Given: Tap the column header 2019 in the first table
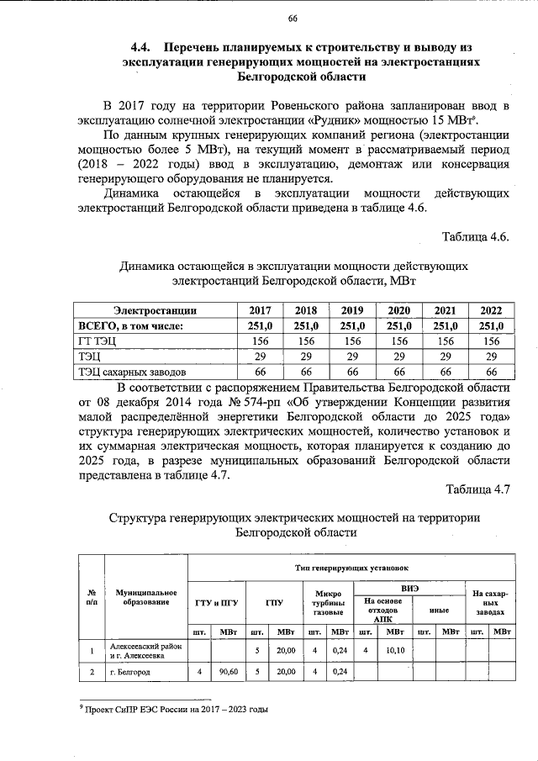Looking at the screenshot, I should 352,309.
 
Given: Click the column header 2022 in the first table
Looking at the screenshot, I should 490,309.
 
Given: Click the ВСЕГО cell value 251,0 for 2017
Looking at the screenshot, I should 261,325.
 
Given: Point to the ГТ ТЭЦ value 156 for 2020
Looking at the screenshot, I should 398,341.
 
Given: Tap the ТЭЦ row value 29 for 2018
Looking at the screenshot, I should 306,356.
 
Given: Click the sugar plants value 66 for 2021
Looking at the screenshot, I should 445,371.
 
